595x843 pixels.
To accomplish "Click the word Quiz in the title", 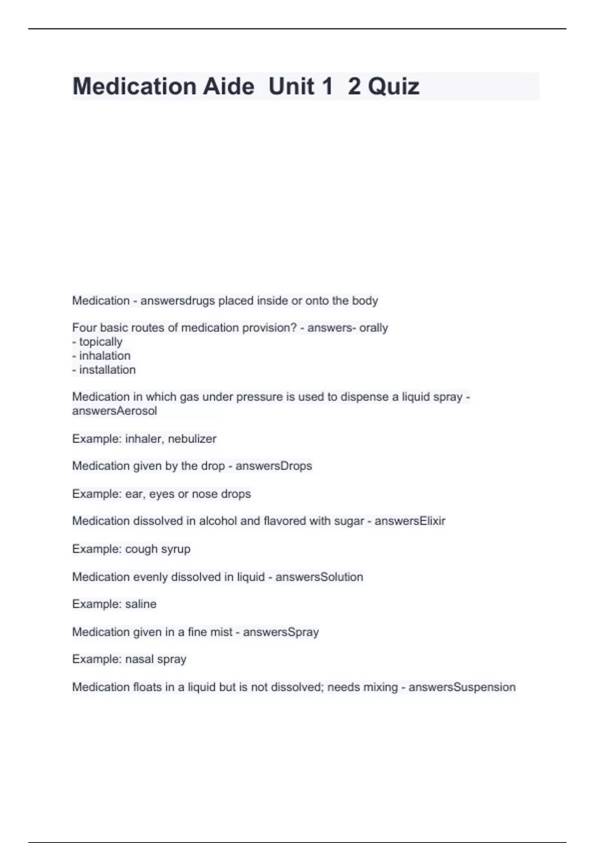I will pos(394,87).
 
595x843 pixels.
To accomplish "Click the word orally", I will pos(373,328).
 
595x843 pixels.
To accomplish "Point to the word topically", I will pos(101,342).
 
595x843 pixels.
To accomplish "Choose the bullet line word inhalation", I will pos(105,356).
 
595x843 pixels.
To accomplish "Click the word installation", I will pos(107,369).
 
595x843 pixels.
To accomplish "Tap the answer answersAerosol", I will pos(115,411).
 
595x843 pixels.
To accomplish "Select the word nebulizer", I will pos(192,439).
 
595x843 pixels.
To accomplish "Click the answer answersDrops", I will pos(274,466).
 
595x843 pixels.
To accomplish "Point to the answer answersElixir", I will pos(410,521).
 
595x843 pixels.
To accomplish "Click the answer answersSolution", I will pos(319,577).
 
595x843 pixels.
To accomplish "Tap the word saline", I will pos(141,604).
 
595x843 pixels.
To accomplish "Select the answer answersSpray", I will pos(281,632).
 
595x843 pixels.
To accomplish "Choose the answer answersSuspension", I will pos(462,687).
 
